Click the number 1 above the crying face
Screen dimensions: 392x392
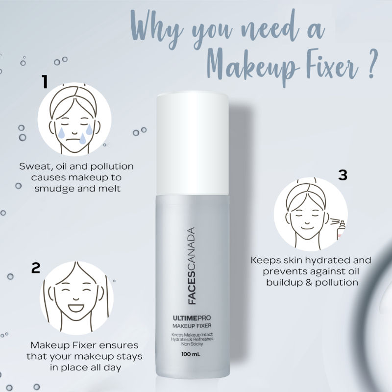tap(45, 81)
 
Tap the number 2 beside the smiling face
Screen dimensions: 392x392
tap(35, 268)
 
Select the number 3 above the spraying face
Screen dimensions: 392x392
tap(343, 175)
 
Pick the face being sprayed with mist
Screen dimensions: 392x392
tap(306, 216)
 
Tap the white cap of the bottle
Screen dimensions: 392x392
tap(193, 143)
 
